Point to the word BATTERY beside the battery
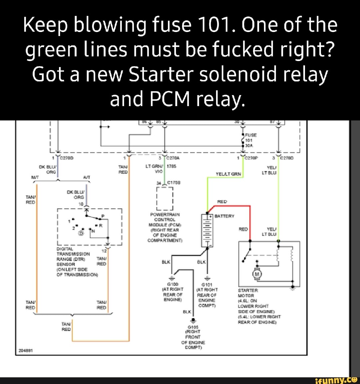(224, 216)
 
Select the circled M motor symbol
(257, 274)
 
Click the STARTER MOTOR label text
(247, 293)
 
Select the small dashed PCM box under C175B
(165, 198)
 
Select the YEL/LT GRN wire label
(228, 173)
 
